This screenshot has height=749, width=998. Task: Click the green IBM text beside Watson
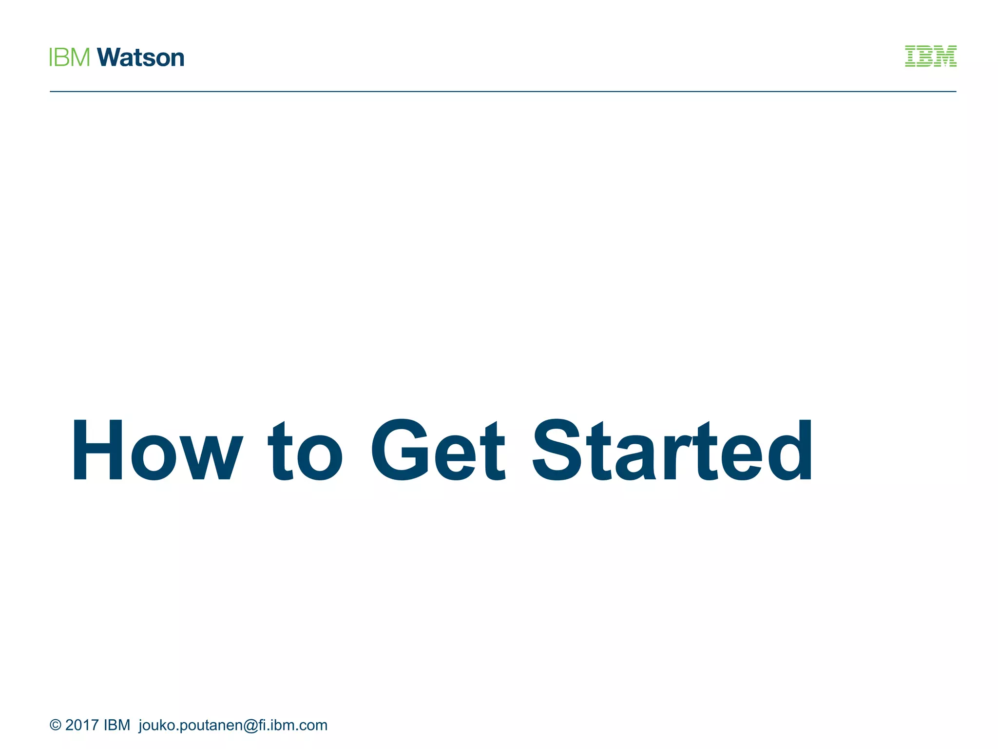pos(70,58)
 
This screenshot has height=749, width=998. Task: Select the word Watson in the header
pos(141,58)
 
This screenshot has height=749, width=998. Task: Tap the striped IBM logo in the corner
pos(930,56)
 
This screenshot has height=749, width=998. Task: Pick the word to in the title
pos(306,452)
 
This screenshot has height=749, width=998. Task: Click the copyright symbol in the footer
pos(56,725)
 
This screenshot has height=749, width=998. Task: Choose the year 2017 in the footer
pos(82,725)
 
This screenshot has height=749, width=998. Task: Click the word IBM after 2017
pos(117,725)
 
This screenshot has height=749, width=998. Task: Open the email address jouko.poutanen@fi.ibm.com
pos(233,726)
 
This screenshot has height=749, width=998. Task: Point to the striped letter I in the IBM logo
pos(911,56)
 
